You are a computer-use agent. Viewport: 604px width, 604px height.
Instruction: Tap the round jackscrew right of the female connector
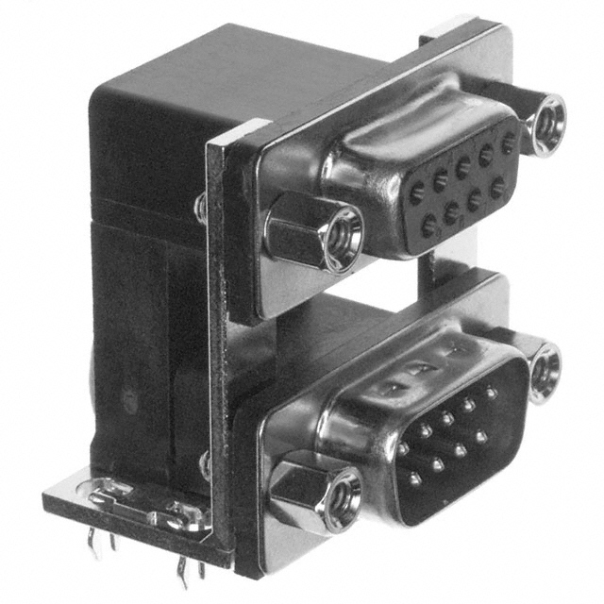[x=545, y=122]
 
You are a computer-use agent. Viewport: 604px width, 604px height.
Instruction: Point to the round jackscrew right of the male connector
[x=545, y=371]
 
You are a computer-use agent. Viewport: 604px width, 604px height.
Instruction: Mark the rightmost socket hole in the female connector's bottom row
[x=497, y=188]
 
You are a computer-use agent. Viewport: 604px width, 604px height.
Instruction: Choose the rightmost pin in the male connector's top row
[x=491, y=391]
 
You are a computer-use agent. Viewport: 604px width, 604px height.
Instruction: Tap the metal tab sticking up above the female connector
[x=451, y=31]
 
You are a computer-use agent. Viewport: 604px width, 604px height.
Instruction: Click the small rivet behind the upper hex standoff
[x=200, y=208]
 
